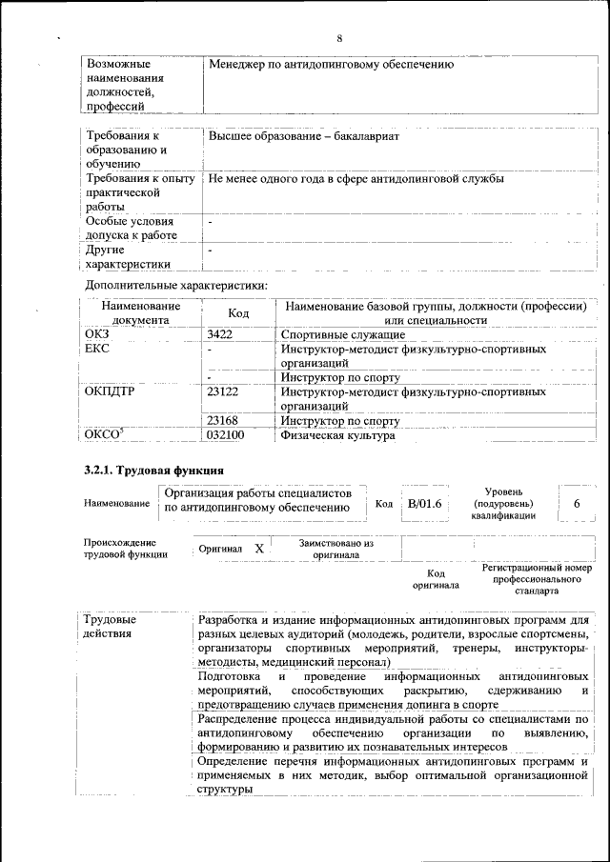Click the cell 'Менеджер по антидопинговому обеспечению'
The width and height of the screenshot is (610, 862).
click(x=331, y=65)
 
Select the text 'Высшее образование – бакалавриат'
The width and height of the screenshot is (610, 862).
click(x=303, y=136)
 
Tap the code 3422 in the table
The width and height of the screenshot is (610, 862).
click(x=220, y=334)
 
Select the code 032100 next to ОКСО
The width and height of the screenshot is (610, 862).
click(x=226, y=435)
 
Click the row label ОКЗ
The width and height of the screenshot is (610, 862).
click(x=98, y=334)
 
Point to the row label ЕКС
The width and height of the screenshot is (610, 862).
click(x=98, y=350)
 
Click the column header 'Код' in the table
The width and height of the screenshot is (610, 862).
click(x=238, y=313)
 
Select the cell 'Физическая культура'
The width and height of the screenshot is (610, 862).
click(x=337, y=435)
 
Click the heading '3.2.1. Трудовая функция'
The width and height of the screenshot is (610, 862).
click(x=154, y=471)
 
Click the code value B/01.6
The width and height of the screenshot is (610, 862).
click(x=424, y=503)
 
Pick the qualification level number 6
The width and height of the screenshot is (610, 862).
click(x=577, y=503)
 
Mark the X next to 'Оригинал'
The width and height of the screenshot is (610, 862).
click(x=258, y=550)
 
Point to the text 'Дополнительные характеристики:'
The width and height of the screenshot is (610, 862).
click(x=176, y=285)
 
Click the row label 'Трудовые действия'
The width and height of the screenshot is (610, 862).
click(x=111, y=627)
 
